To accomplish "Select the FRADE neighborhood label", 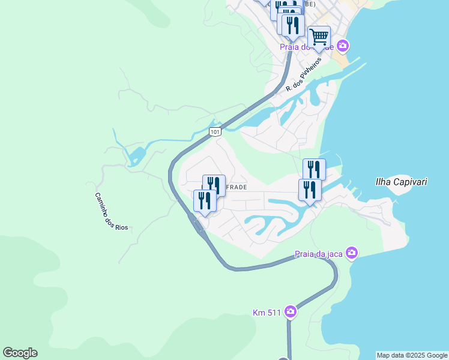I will point(236,187).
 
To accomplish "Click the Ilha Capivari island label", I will point(401,181).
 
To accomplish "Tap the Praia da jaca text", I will point(318,254).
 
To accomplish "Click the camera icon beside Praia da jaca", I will point(352,253).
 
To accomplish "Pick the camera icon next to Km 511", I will point(291,311).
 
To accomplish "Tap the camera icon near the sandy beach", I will point(343,46).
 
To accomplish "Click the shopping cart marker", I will point(319,37).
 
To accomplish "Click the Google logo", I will point(20,353).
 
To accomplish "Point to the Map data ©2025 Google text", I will point(412,355).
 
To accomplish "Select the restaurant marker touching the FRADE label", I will point(214,185).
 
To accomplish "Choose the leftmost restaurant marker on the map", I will point(205,200).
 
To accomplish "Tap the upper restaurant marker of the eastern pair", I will point(314,169).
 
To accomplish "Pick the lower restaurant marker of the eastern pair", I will point(310,190).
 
